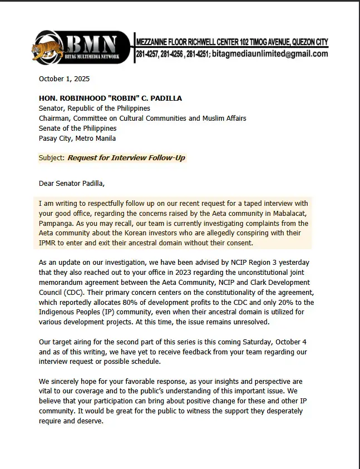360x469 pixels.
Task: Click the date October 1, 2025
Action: coord(64,79)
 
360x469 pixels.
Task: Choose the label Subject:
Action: coord(52,158)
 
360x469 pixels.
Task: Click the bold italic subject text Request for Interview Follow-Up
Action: coord(126,158)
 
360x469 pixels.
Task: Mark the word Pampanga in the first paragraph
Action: coord(57,214)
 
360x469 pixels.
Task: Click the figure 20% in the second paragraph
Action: coord(282,303)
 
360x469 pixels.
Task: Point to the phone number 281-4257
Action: coord(149,54)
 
